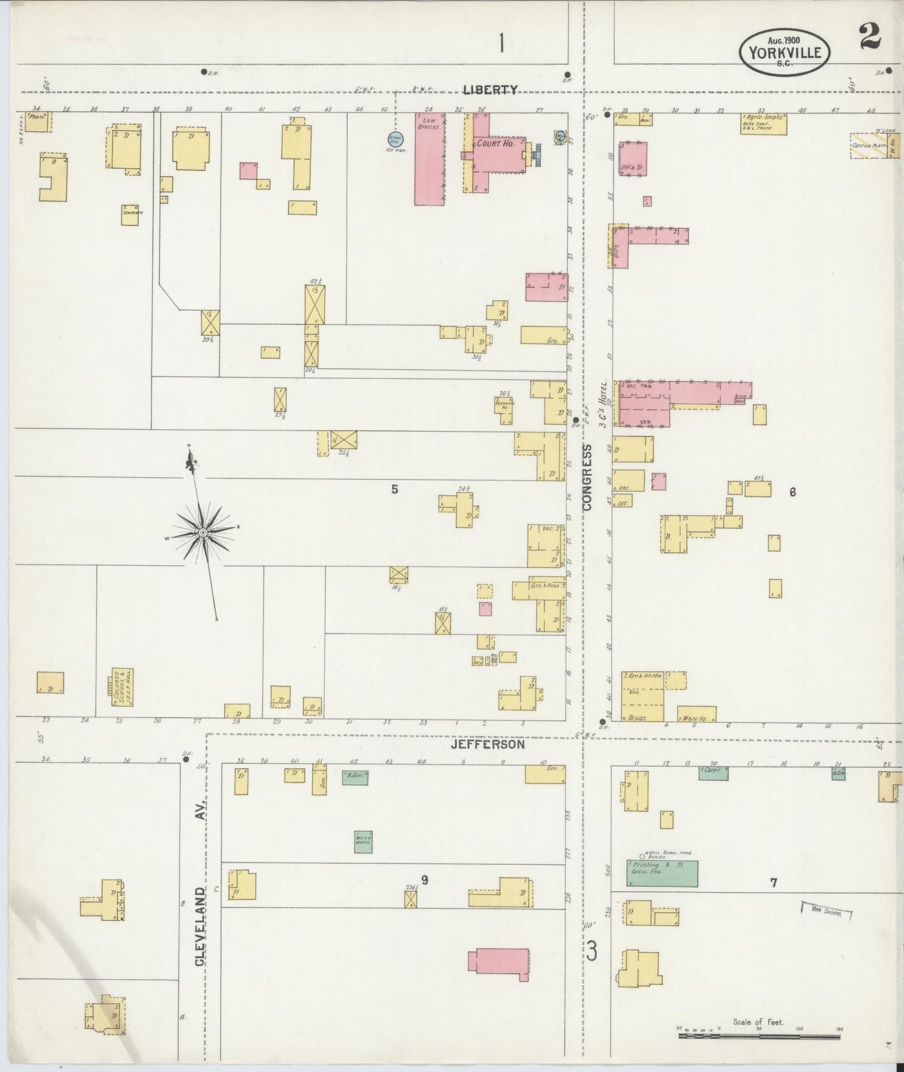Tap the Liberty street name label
(490, 90)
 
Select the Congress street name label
(587, 478)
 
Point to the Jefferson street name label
(487, 745)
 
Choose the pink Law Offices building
(430, 159)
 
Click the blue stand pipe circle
(395, 139)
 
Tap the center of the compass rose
(203, 532)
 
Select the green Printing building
(663, 873)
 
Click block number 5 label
(394, 489)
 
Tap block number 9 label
(424, 880)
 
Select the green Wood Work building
(363, 842)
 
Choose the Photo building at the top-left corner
(38, 121)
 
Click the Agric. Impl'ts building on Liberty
(763, 123)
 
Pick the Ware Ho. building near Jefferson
(696, 714)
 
